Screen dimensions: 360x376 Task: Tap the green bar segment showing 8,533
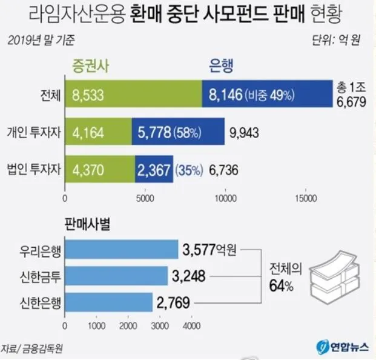133,95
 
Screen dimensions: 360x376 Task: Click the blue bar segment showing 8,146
266,95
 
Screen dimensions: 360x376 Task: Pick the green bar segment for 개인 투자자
98,132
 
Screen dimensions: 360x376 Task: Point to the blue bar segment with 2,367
154,169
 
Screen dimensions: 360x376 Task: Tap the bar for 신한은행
109,302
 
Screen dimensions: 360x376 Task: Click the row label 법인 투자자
33,169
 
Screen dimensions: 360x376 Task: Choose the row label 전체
47,95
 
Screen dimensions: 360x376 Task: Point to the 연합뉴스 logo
340,345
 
